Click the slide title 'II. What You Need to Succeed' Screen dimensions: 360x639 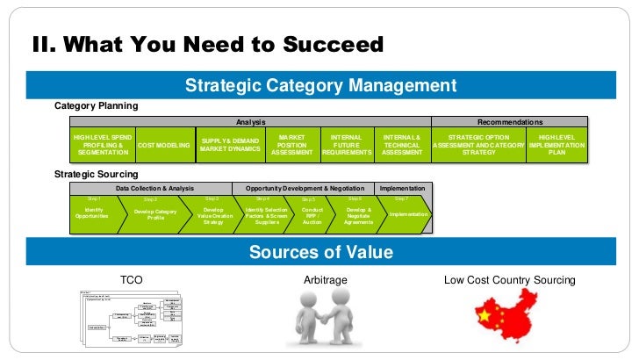tap(208, 44)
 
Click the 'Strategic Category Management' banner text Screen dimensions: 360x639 tap(320, 85)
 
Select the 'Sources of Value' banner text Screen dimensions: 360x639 tap(320, 253)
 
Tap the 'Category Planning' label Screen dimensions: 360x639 tap(97, 106)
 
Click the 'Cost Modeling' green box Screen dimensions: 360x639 tap(164, 145)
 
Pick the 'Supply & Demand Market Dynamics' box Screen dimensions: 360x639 tap(230, 145)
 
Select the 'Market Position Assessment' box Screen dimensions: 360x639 tap(291, 145)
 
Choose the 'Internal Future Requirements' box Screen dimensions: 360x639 tap(347, 145)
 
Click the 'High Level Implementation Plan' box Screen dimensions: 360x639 tap(557, 145)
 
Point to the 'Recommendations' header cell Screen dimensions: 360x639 tap(509, 122)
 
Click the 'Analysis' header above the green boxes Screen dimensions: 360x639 tap(251, 122)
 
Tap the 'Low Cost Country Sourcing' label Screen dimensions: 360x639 tap(510, 280)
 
